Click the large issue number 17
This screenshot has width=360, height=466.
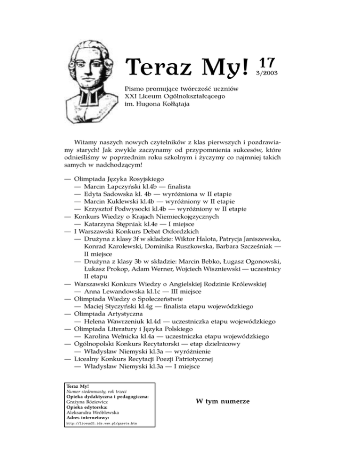point(266,64)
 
